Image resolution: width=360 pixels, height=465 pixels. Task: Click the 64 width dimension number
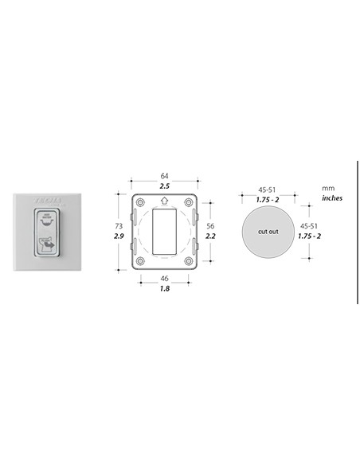[165, 174]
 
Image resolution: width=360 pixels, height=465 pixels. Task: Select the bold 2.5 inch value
[165, 186]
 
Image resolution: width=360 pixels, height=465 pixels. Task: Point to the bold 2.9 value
[119, 237]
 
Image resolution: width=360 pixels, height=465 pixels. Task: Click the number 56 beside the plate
[210, 226]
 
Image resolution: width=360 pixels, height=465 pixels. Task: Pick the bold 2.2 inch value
[210, 237]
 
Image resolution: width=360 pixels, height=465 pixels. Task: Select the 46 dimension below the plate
[165, 279]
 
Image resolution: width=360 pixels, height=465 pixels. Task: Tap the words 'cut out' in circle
[268, 231]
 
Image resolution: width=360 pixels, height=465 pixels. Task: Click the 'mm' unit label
[327, 188]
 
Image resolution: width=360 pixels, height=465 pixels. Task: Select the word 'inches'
[332, 197]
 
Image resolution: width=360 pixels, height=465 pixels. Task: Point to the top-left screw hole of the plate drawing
[141, 201]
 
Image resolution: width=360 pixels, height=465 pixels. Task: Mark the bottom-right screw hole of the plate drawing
[189, 261]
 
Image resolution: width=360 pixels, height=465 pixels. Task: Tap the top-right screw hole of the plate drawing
[189, 201]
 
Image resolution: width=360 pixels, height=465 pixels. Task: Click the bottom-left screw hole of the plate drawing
[141, 261]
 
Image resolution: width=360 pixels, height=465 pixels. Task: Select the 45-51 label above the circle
[268, 190]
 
